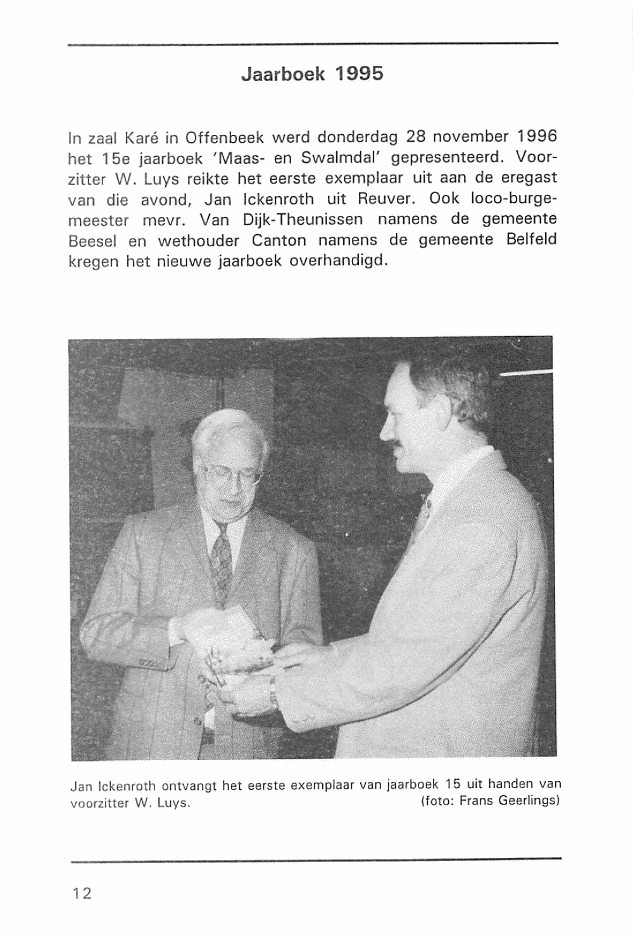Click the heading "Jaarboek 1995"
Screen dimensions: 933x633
coord(312,75)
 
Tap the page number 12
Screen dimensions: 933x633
coord(82,893)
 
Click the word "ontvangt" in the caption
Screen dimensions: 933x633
coord(189,786)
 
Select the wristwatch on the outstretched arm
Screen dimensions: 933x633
coord(273,698)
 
